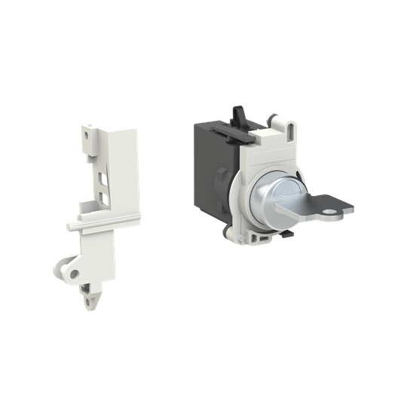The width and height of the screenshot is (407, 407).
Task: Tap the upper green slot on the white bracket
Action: tap(104, 179)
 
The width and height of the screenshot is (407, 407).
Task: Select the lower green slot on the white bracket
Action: tap(105, 200)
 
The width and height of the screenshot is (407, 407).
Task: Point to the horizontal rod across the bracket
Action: tap(106, 221)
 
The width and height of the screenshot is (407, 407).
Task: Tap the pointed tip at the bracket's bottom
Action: tap(93, 300)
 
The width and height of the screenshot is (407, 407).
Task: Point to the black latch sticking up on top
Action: tap(237, 115)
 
